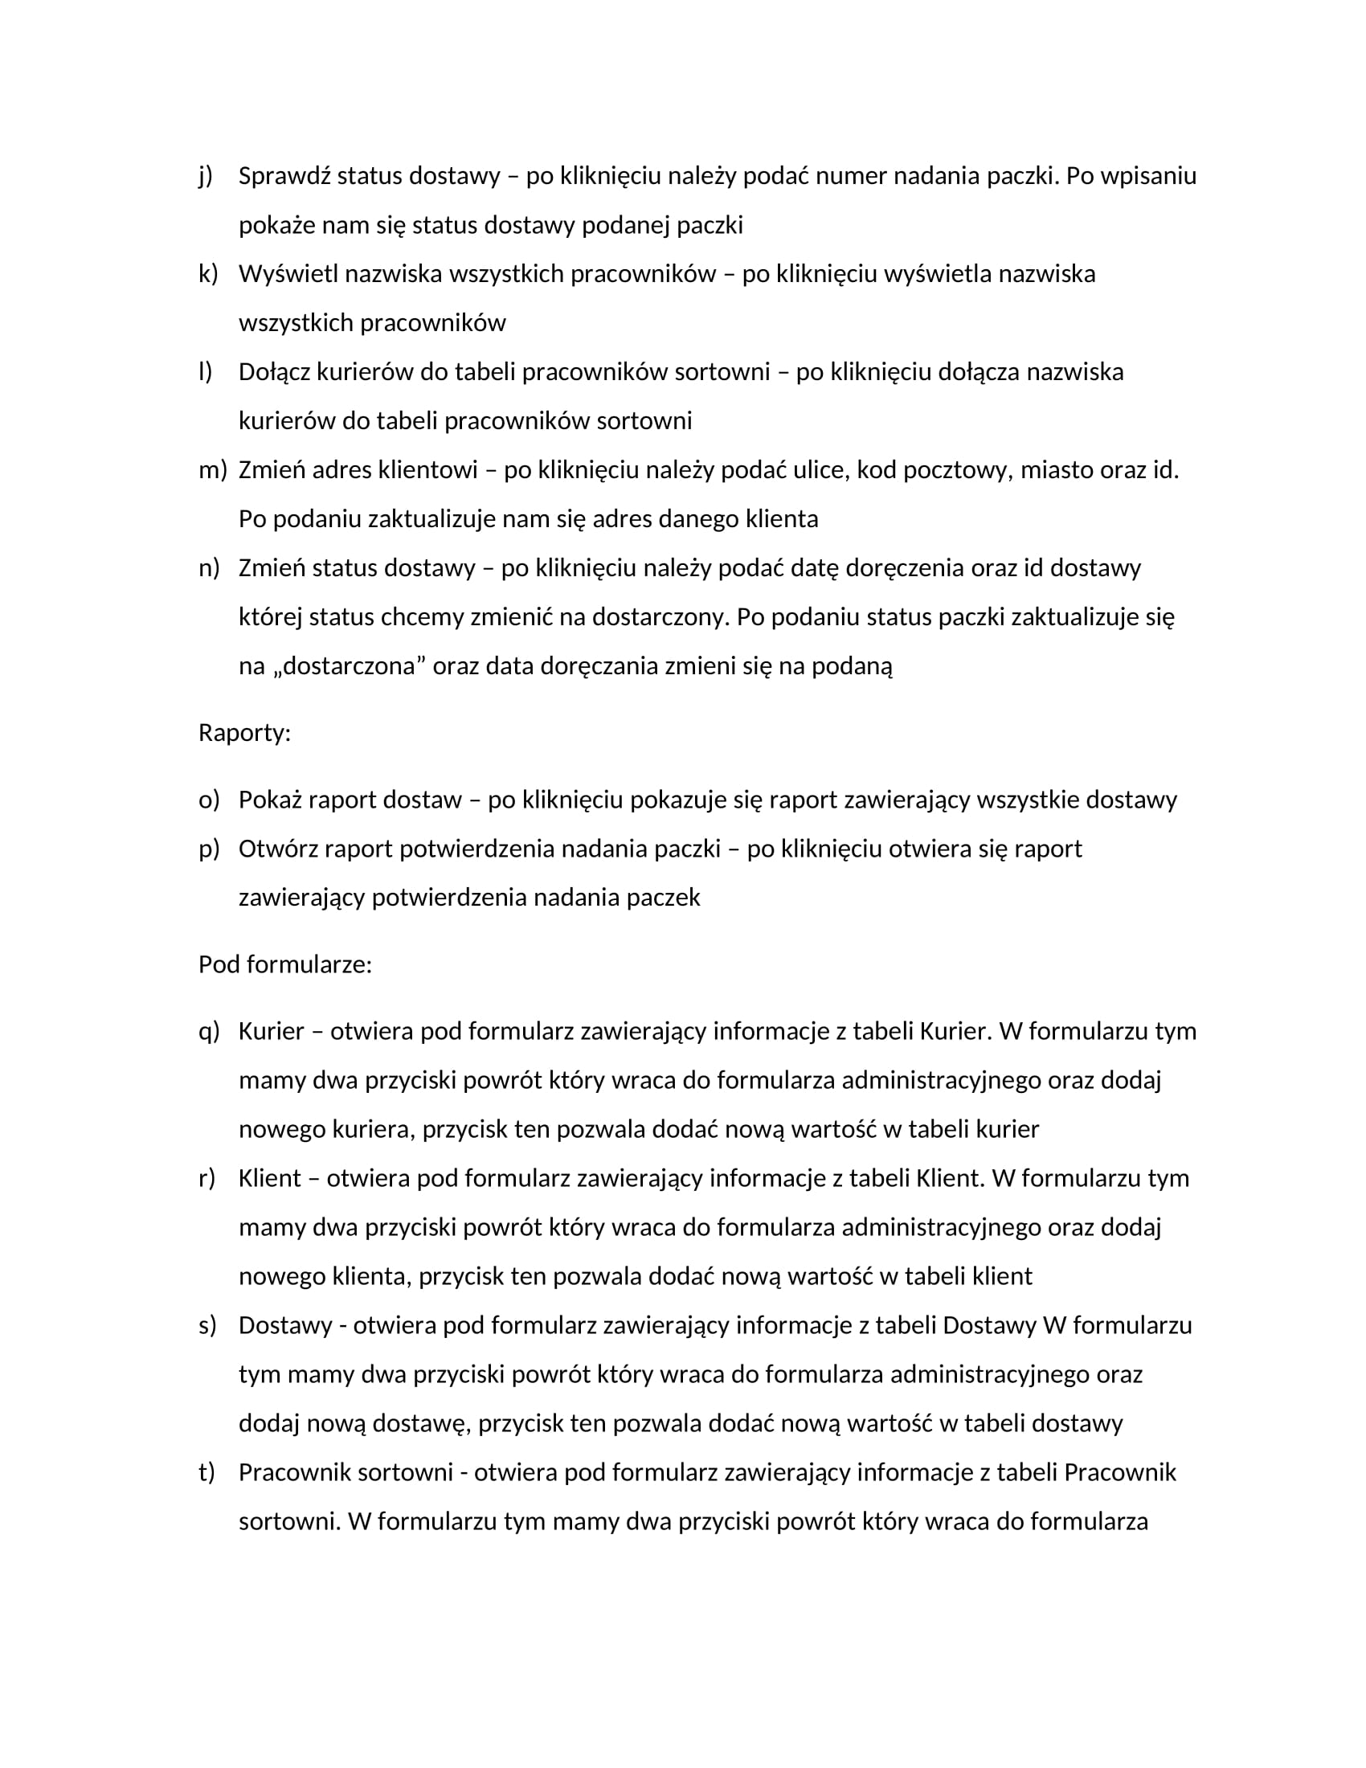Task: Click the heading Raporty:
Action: (x=244, y=734)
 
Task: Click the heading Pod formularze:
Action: (x=285, y=965)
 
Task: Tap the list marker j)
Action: (x=206, y=176)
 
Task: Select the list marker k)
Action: (x=208, y=273)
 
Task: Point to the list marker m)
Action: (x=213, y=469)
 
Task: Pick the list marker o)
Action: (x=209, y=800)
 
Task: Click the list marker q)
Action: (x=209, y=1031)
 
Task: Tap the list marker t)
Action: (x=207, y=1472)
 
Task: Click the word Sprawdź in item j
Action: (x=284, y=176)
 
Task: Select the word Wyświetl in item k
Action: (x=288, y=273)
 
